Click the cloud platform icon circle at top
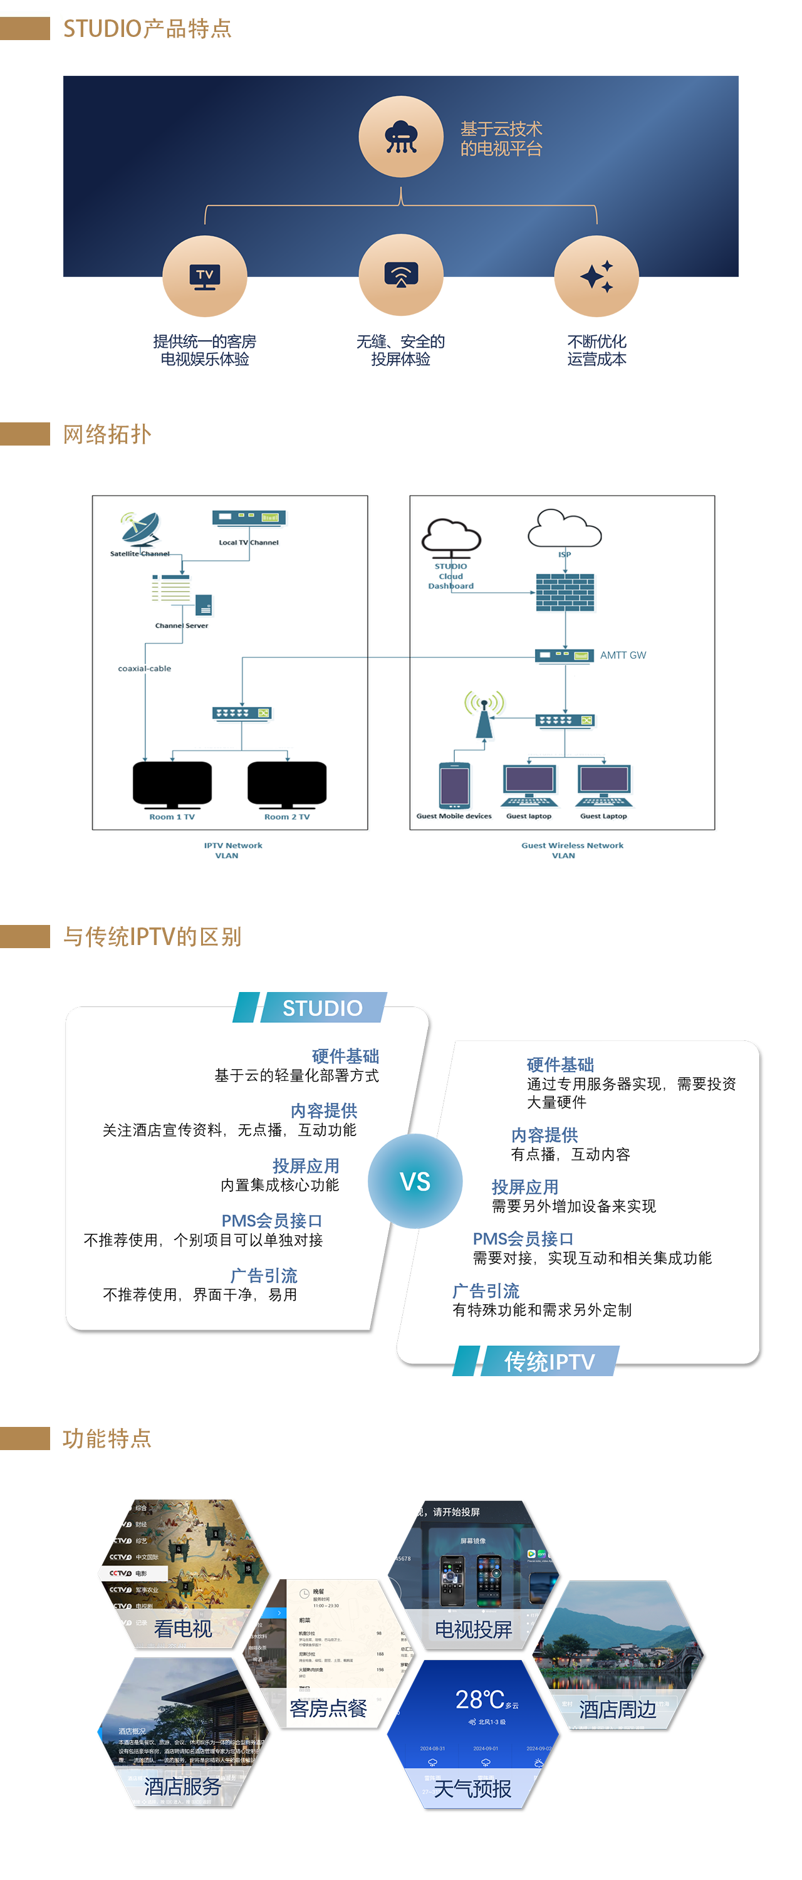(x=400, y=137)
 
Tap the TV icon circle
(x=204, y=276)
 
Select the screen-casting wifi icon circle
(x=400, y=275)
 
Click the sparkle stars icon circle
(x=596, y=276)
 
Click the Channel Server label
(x=182, y=625)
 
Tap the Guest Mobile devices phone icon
(x=454, y=785)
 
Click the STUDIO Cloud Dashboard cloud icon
(x=451, y=537)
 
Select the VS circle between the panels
(x=415, y=1181)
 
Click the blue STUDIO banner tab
(x=323, y=1008)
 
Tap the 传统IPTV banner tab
(x=549, y=1361)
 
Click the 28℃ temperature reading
(x=479, y=1700)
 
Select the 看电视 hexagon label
(x=183, y=1628)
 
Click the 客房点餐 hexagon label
(x=328, y=1708)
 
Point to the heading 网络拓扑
(x=107, y=434)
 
